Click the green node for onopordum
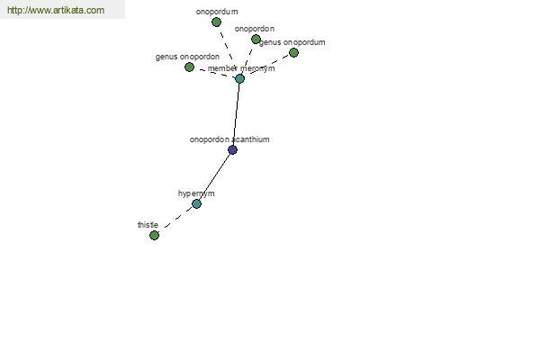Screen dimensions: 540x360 coord(216,22)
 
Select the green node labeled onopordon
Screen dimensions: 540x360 coord(256,40)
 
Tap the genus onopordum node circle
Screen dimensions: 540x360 coord(293,53)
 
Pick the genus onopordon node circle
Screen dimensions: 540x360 coord(189,67)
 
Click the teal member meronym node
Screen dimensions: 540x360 coord(239,79)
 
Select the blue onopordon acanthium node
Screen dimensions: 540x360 coord(233,150)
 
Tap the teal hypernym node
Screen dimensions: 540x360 coord(196,204)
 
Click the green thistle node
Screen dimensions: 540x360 coord(154,235)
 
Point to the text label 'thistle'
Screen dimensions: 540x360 coord(148,225)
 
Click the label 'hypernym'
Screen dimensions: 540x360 coord(196,193)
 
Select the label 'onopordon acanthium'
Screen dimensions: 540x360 coord(229,139)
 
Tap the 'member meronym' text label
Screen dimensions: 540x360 coord(241,68)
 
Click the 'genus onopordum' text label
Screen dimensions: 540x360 coord(292,42)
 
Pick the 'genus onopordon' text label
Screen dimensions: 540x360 coord(187,57)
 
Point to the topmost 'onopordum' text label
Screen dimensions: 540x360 coord(217,12)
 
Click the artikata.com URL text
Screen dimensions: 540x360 coord(56,10)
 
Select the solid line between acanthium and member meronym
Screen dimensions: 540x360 coord(237,114)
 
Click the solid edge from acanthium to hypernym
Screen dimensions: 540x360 coord(215,176)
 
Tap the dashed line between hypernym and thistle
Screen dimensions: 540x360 coord(177,218)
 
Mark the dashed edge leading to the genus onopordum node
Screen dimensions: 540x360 coord(269,65)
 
